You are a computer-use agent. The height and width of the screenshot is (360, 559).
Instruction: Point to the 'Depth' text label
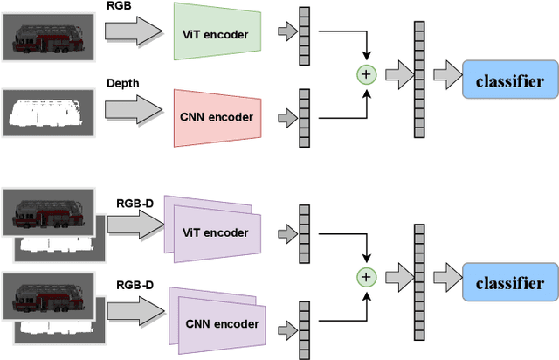122,83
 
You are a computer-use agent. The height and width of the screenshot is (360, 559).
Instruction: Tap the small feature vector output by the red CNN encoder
304,117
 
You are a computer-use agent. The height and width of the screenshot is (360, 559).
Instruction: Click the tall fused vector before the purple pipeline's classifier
419,278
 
